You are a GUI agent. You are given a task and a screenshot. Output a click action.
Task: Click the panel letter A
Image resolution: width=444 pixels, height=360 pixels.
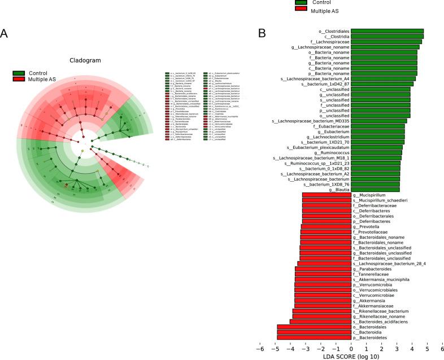tap(5, 34)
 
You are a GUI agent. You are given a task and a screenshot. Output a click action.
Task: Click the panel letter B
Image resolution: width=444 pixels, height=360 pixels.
tap(262, 34)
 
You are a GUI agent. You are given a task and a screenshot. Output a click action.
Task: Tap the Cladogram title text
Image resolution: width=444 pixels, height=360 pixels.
tap(85, 60)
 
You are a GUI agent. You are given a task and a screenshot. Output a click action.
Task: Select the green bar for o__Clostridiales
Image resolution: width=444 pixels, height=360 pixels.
tap(387, 32)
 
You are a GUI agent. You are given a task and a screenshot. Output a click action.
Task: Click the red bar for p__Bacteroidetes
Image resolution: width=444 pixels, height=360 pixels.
tap(314, 337)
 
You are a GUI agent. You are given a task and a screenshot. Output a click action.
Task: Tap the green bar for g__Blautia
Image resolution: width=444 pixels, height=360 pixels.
tap(375, 190)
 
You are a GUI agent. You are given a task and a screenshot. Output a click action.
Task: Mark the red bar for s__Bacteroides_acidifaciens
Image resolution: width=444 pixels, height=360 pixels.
tap(320, 322)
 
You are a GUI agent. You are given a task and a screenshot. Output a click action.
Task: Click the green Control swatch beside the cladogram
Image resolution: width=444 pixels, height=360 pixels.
tap(19, 73)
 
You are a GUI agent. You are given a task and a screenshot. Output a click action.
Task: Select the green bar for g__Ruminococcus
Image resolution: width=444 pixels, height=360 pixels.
tap(377, 153)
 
